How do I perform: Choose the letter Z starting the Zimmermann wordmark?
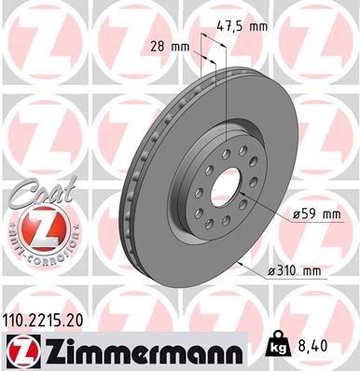[50, 350]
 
